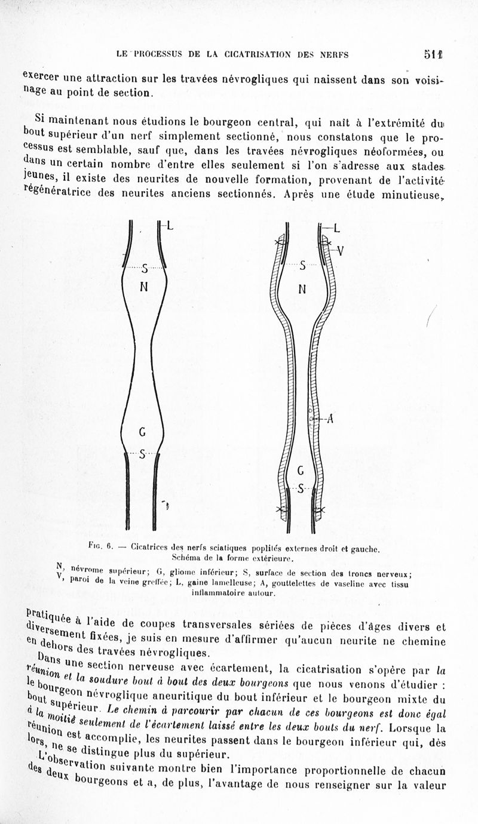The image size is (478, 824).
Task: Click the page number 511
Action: tap(434, 54)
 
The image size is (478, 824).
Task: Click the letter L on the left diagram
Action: tap(170, 226)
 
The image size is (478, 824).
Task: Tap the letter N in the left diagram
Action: tap(143, 286)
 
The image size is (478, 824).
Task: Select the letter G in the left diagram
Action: tap(143, 431)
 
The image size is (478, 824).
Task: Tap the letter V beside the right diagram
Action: tap(339, 251)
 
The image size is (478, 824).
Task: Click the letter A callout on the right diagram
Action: tap(329, 419)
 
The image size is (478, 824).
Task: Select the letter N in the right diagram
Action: tap(302, 290)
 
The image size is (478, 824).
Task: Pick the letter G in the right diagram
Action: tap(301, 472)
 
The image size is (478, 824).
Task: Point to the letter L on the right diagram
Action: tap(336, 227)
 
